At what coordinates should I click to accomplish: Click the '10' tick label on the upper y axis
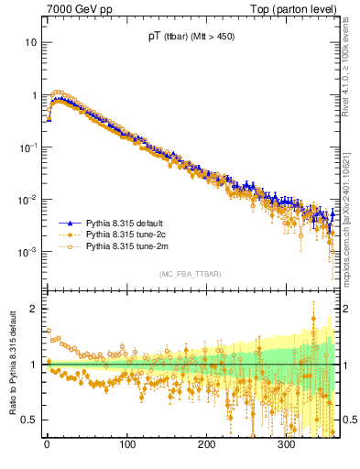[30, 42]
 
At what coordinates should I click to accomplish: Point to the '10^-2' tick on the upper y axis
[27, 199]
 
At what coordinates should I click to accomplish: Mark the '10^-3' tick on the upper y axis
[27, 251]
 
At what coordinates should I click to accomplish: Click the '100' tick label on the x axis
[127, 446]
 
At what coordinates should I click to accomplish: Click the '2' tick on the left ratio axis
[33, 309]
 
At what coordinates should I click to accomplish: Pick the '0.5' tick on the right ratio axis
[349, 420]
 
